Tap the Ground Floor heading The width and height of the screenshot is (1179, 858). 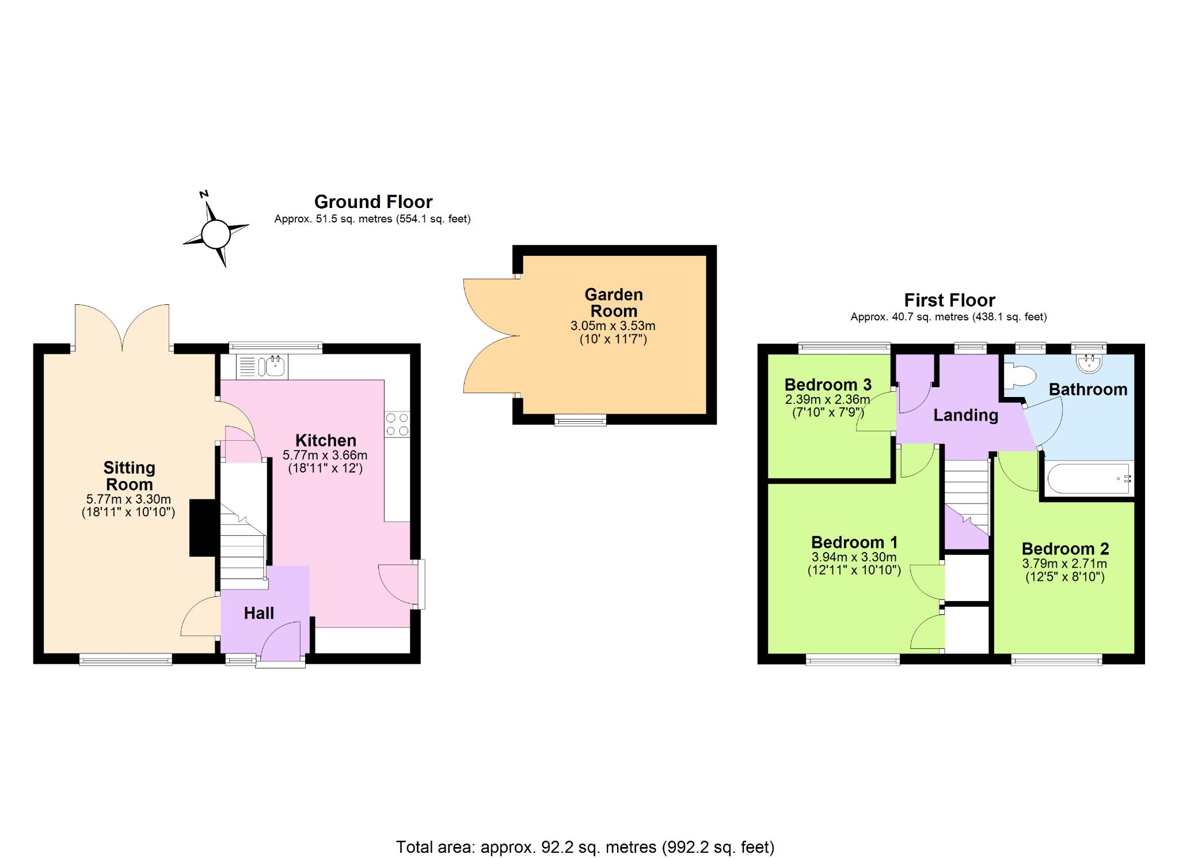coord(373,202)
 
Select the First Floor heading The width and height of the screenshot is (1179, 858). coord(949,300)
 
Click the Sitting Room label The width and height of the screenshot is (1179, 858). coord(129,476)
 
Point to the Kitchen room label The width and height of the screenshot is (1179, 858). coord(326,440)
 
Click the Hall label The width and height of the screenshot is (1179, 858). coord(258,613)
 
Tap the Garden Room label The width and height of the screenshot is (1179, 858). coord(614,303)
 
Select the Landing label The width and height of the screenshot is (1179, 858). coord(965,415)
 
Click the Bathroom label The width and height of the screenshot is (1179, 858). coord(1088,390)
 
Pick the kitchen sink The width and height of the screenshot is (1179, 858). coord(263,366)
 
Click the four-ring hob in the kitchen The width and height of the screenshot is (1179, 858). coord(397,424)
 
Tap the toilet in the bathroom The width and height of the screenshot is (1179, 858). coord(1020,376)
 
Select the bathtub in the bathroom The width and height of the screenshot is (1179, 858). coord(1088,478)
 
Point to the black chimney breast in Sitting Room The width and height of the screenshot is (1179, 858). coord(204,528)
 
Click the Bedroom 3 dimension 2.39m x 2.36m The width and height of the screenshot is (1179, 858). coord(827,399)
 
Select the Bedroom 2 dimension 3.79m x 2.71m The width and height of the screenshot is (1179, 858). coord(1064,564)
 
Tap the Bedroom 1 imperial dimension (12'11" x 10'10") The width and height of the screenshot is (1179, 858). coord(854,570)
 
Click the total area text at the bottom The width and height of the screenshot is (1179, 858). coord(585,847)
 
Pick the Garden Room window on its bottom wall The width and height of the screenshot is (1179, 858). coord(580,420)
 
